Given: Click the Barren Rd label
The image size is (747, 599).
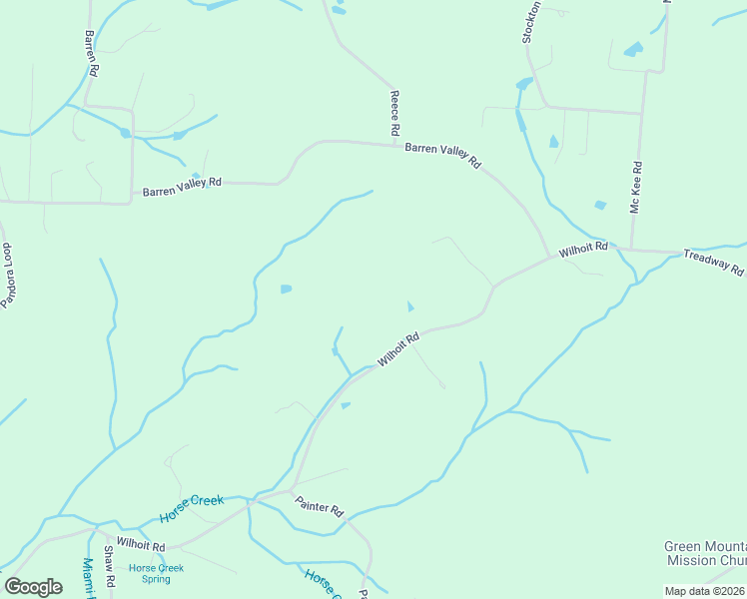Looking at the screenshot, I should [x=91, y=53].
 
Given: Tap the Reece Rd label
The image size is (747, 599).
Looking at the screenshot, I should [x=394, y=112].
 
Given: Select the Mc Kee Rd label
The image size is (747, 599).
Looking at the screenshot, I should [x=635, y=190].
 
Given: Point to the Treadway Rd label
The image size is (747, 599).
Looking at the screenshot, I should [x=713, y=263].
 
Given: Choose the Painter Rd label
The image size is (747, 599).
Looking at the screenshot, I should [x=320, y=508].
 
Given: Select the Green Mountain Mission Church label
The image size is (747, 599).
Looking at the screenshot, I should [x=705, y=553].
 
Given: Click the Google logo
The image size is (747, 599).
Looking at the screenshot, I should [x=33, y=587].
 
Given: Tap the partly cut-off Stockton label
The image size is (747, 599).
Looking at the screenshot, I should [x=531, y=22].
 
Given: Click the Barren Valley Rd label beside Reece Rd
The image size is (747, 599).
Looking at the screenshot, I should [x=442, y=155].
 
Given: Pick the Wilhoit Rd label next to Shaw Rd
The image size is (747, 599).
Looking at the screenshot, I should [x=141, y=544].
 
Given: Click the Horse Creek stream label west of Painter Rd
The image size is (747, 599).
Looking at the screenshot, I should [x=191, y=508].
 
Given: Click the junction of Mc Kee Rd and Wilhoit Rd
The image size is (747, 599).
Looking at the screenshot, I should [x=630, y=248].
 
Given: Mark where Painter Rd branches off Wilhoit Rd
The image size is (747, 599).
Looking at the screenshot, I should [x=291, y=491].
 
